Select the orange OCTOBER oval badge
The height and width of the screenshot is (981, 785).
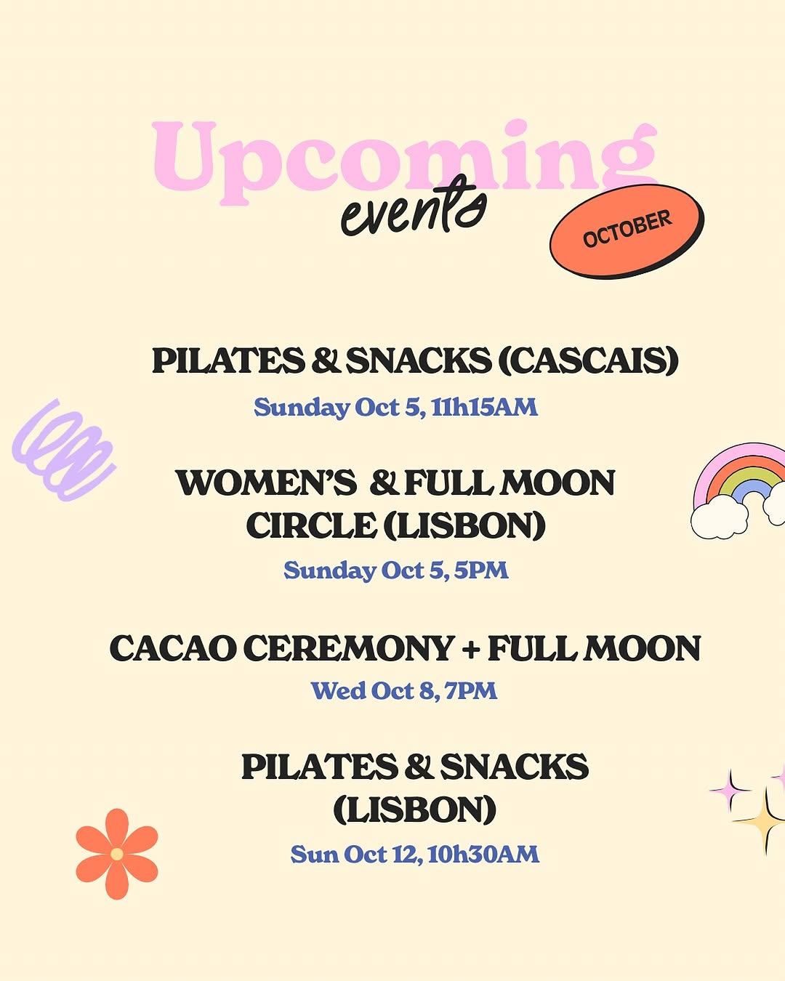pos(627,231)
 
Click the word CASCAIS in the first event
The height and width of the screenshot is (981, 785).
pos(589,361)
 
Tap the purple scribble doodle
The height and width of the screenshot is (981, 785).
pos(64,451)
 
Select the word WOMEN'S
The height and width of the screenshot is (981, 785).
pos(267,483)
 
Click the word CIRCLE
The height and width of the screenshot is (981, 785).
pos(312,525)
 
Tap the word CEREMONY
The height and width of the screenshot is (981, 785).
pos(348,648)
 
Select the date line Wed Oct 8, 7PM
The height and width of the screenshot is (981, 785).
pos(403,690)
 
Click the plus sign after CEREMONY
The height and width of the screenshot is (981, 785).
pos(471,649)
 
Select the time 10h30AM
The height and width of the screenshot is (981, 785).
pos(484,854)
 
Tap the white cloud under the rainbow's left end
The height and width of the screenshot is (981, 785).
pos(720,517)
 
